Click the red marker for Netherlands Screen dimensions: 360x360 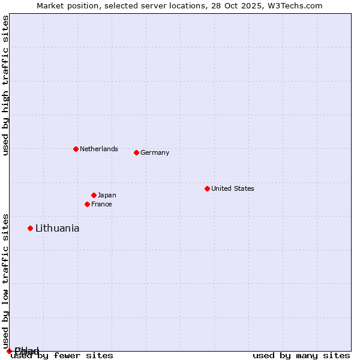76,149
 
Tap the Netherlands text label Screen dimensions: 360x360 99,149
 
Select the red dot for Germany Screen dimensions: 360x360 136,152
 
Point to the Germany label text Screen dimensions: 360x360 155,152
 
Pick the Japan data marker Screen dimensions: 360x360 94,195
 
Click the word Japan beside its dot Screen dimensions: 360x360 107,195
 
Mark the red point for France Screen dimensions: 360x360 87,204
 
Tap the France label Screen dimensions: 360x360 101,204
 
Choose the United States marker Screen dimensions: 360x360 207,188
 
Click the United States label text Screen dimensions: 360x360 233,188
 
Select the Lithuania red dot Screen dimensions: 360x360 30,228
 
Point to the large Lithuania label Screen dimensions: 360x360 57,228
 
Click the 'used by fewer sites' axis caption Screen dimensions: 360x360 62,355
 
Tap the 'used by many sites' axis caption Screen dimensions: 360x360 301,355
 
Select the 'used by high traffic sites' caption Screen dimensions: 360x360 5,85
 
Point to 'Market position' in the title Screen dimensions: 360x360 64,5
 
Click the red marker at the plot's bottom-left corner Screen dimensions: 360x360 9,351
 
